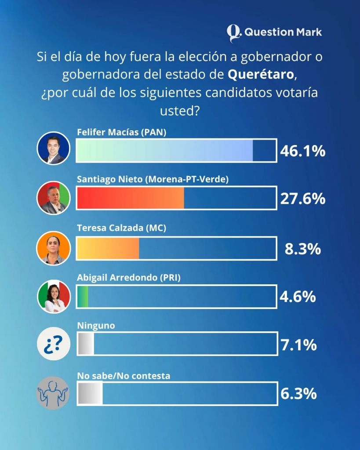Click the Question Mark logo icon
coord(234,33)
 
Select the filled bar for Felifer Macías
coord(164,151)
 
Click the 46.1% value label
coord(302,151)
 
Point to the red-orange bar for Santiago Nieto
coord(130,198)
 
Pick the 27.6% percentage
coord(302,199)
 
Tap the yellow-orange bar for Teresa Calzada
coord(108,248)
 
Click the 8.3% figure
coord(302,249)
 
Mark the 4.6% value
coord(298,296)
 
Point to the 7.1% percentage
coord(298,345)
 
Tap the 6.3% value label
coord(298,394)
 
